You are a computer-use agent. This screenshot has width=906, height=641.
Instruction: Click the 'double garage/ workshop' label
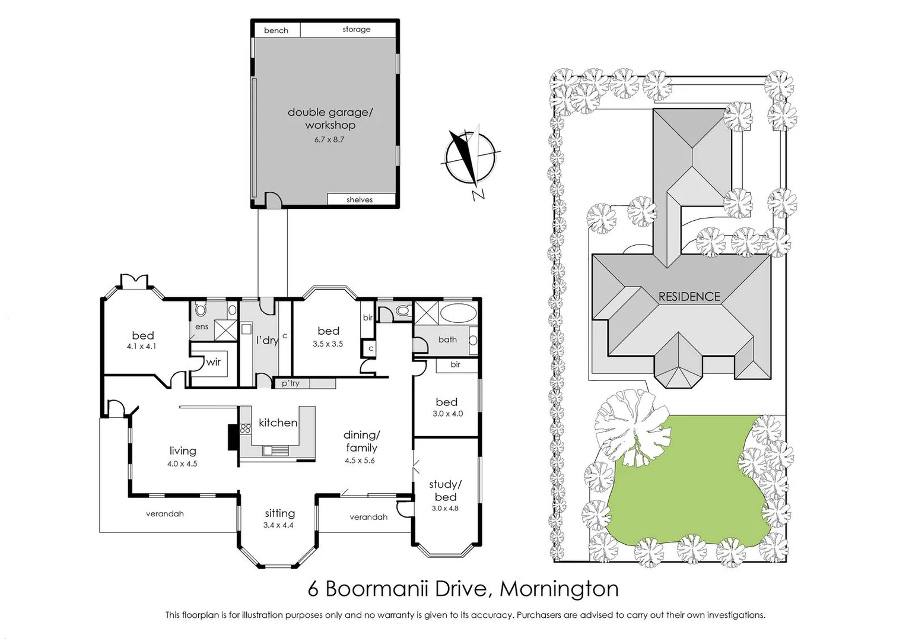click(x=330, y=118)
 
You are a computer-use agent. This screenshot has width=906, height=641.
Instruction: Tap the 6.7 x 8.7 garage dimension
click(x=329, y=140)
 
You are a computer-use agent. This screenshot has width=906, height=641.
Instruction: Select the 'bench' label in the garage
click(x=276, y=30)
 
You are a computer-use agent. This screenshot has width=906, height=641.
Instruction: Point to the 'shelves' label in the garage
click(x=360, y=200)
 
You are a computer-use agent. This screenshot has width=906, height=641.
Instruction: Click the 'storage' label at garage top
click(x=356, y=29)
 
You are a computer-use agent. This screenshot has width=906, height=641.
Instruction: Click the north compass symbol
click(x=469, y=157)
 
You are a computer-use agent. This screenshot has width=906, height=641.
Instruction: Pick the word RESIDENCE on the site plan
click(x=689, y=296)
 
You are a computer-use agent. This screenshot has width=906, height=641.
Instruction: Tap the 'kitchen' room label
click(x=278, y=423)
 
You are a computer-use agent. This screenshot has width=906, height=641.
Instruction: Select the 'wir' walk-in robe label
click(x=213, y=361)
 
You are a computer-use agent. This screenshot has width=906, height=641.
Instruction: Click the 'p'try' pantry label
click(x=291, y=383)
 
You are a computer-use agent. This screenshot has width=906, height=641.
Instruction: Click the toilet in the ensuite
click(x=201, y=310)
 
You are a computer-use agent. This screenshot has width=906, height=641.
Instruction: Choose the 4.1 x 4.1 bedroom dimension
click(x=141, y=347)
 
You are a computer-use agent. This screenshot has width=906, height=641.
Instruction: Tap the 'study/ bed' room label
click(x=445, y=491)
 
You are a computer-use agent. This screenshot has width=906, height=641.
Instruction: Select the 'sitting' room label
click(x=279, y=513)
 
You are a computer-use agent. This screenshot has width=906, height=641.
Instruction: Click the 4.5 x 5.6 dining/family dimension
click(x=360, y=461)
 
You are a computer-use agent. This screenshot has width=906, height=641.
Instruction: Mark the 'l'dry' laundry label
click(x=267, y=340)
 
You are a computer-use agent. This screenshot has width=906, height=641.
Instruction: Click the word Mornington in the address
click(x=559, y=589)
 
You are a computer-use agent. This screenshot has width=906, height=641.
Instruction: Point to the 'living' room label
click(x=182, y=451)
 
